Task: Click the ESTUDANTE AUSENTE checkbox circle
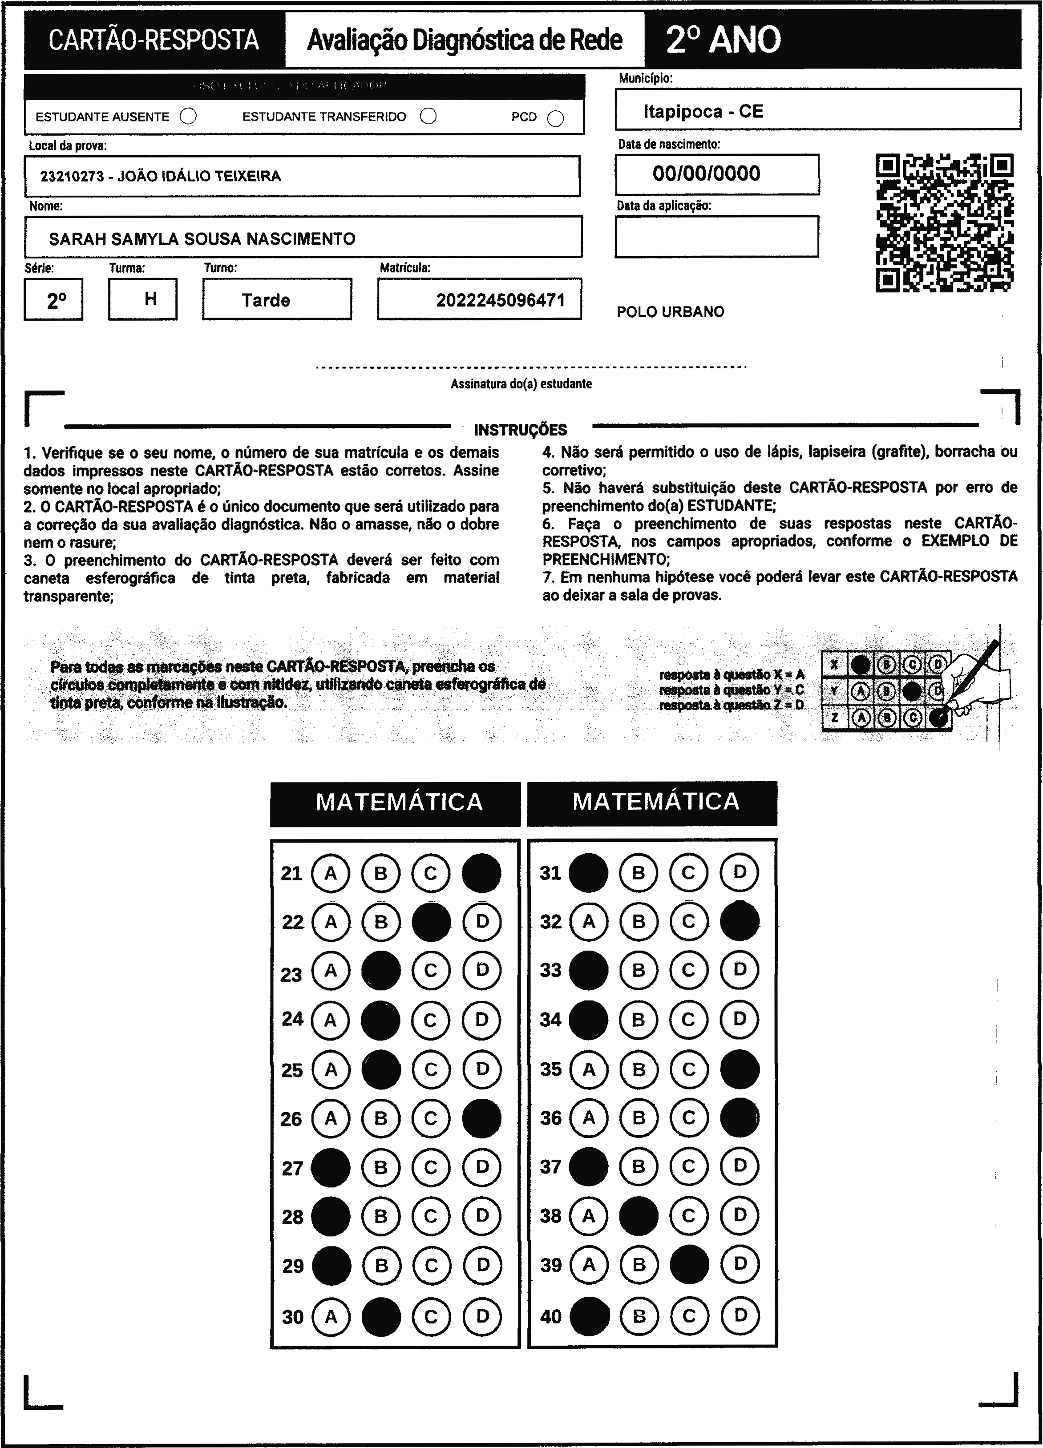[188, 116]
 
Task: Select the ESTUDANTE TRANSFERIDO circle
[429, 116]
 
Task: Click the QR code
[944, 223]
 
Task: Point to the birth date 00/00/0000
[707, 173]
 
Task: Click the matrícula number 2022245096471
[501, 300]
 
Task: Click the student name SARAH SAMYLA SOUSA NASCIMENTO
[202, 239]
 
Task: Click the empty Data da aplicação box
[717, 236]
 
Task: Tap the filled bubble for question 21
[481, 873]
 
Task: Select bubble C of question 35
[688, 1069]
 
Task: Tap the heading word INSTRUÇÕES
[521, 430]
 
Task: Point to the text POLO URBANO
[671, 311]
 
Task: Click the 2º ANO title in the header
[723, 40]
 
